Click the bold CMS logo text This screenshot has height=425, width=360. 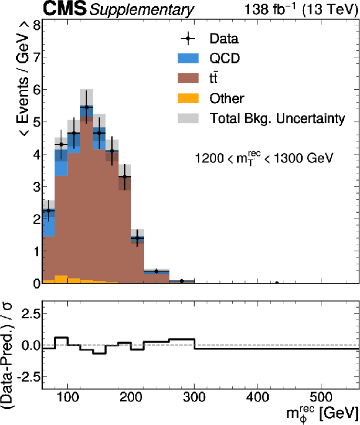pyautogui.click(x=65, y=9)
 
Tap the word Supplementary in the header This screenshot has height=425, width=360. pyautogui.click(x=142, y=10)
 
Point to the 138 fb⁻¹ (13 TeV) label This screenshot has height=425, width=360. pyautogui.click(x=302, y=9)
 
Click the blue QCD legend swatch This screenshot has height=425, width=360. pyautogui.click(x=188, y=58)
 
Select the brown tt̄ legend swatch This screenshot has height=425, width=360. pyautogui.click(x=188, y=78)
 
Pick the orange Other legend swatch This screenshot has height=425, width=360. pyautogui.click(x=188, y=98)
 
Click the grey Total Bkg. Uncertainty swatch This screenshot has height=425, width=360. pyautogui.click(x=188, y=118)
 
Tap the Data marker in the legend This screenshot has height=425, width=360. pyautogui.click(x=188, y=38)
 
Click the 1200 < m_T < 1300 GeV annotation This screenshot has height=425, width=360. pyautogui.click(x=264, y=158)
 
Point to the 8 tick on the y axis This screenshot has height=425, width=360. pyautogui.click(x=37, y=25)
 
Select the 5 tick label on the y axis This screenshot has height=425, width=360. pyautogui.click(x=37, y=122)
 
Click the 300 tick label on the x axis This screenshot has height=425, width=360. pyautogui.click(x=194, y=398)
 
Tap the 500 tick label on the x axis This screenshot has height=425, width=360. pyautogui.click(x=321, y=398)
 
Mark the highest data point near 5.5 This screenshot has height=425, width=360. pyautogui.click(x=86, y=107)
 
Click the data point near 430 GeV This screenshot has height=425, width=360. pyautogui.click(x=277, y=283)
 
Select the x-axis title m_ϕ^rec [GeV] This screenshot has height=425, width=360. pyautogui.click(x=322, y=413)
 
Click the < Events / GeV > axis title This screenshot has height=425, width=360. pyautogui.click(x=23, y=78)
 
